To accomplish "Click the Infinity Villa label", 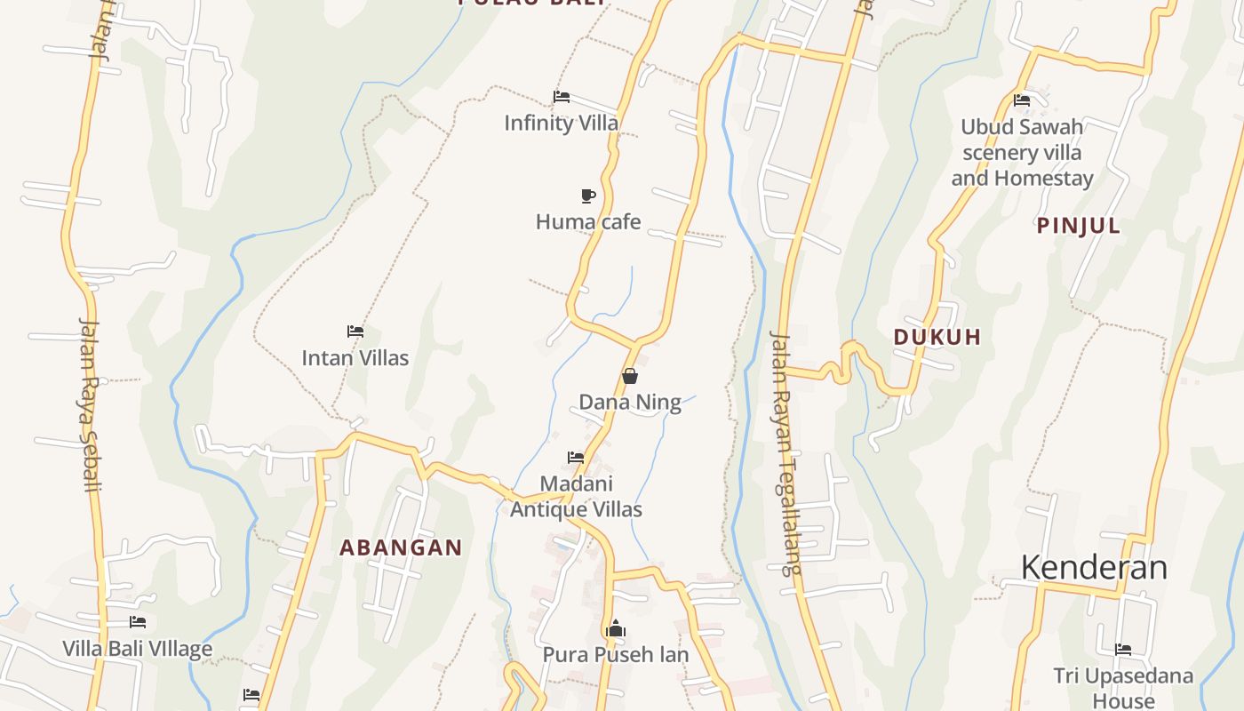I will point(561,123).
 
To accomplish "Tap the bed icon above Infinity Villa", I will point(561,97).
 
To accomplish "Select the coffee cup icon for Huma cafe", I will point(587,196).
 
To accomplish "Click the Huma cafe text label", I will point(587,221).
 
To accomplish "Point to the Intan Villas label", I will point(355,358).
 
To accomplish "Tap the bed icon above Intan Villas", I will point(355,332).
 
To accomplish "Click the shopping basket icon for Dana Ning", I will point(630,376).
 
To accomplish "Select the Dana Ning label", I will point(630,403).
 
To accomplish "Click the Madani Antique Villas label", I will point(576,497).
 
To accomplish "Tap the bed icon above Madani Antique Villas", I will point(576,458).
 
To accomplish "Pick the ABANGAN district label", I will point(401,547).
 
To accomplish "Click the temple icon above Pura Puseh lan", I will point(615,629).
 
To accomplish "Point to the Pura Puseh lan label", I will point(615,655).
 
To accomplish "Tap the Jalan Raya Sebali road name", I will point(89,404).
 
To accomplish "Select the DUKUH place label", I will point(937,337).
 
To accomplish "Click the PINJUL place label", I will point(1078,226).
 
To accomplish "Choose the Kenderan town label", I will point(1093,567).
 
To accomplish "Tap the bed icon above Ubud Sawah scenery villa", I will point(1022,100).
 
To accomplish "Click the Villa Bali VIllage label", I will point(137,649).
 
